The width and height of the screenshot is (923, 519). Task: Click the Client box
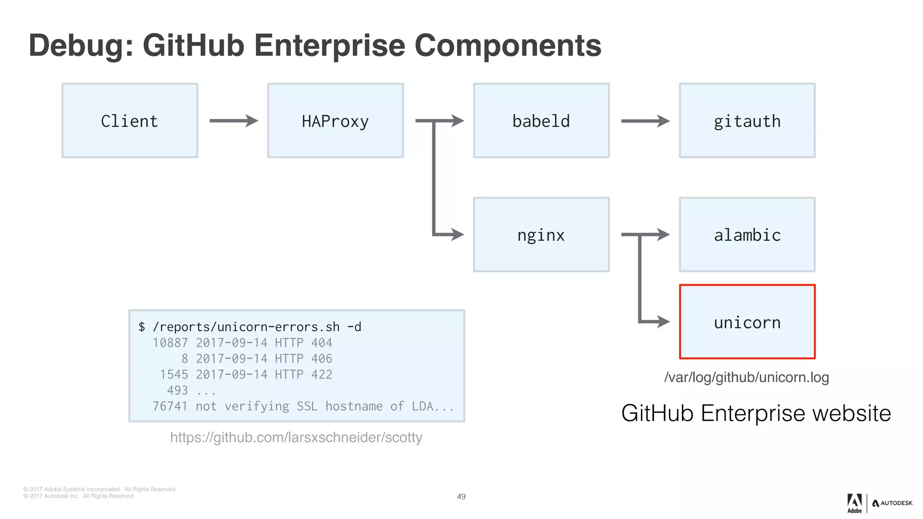(130, 121)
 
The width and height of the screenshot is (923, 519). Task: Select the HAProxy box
(335, 121)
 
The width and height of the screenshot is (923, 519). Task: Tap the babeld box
(541, 121)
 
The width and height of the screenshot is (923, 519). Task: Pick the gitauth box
(747, 121)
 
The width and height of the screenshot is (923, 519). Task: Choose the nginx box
(541, 235)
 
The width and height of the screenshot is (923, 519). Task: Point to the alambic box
(747, 235)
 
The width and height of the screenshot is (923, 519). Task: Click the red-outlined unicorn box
(747, 322)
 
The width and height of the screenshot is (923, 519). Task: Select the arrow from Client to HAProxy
(233, 121)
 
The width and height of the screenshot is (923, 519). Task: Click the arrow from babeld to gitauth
(645, 121)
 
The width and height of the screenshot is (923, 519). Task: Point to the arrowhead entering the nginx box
(457, 234)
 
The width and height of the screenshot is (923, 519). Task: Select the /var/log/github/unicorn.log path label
(746, 377)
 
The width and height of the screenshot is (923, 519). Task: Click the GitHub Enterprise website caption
(756, 413)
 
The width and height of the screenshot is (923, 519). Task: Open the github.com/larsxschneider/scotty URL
(296, 437)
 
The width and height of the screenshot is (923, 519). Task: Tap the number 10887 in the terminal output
(170, 343)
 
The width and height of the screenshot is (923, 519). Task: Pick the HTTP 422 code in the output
(303, 374)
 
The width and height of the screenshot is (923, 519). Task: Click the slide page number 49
(461, 496)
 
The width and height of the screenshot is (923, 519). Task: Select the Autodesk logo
(892, 503)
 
